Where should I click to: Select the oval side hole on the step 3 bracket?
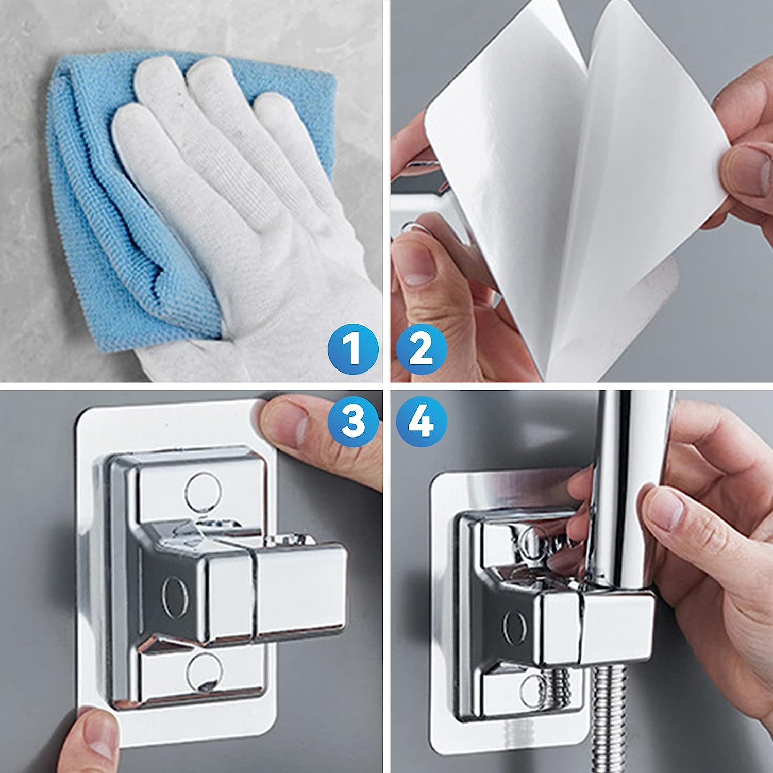(x=170, y=587)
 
